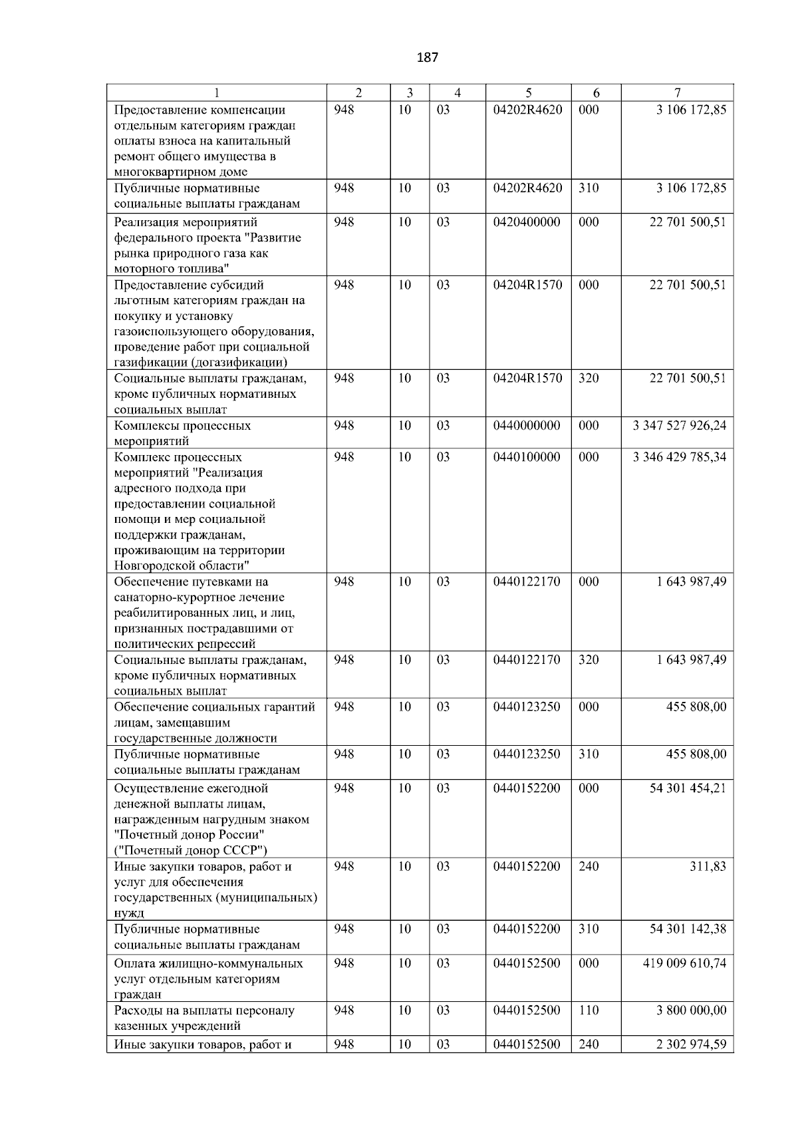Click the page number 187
[x=428, y=57]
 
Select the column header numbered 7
[x=677, y=93]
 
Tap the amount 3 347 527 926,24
[x=680, y=426]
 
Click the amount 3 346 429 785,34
[x=680, y=458]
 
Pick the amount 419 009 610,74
[x=684, y=964]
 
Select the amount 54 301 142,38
[x=688, y=929]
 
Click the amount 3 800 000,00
[x=691, y=1011]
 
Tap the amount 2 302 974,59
[x=691, y=1045]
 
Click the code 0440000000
[x=527, y=426]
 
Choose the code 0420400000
[x=527, y=222]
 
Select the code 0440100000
[x=527, y=458]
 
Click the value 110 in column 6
[x=589, y=1011]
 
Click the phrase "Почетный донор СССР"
[x=191, y=851]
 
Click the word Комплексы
[x=144, y=426]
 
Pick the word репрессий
[x=227, y=645]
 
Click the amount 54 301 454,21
[x=688, y=789]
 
